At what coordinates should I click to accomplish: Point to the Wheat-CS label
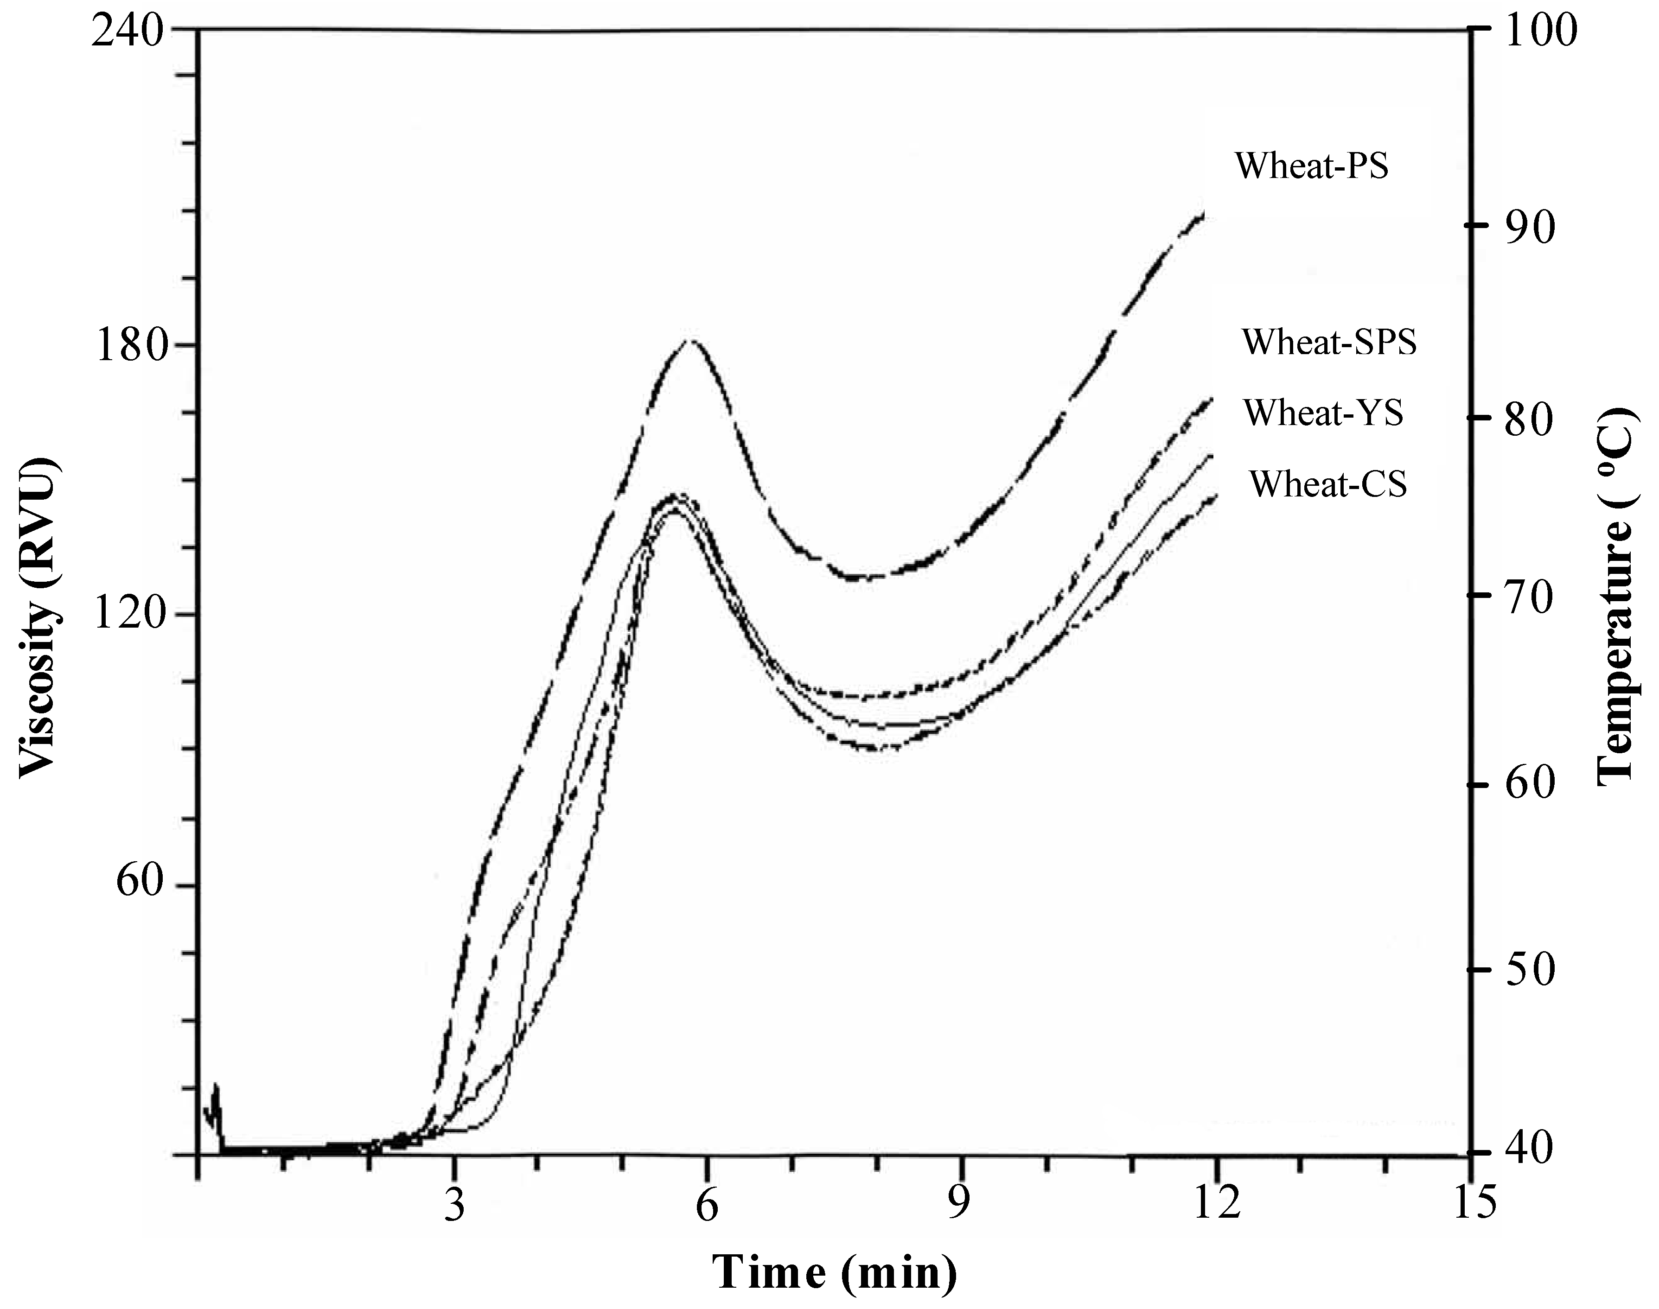click(1328, 483)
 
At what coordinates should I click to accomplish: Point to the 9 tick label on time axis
click(958, 1206)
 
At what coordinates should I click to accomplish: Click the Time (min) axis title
click(835, 1273)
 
